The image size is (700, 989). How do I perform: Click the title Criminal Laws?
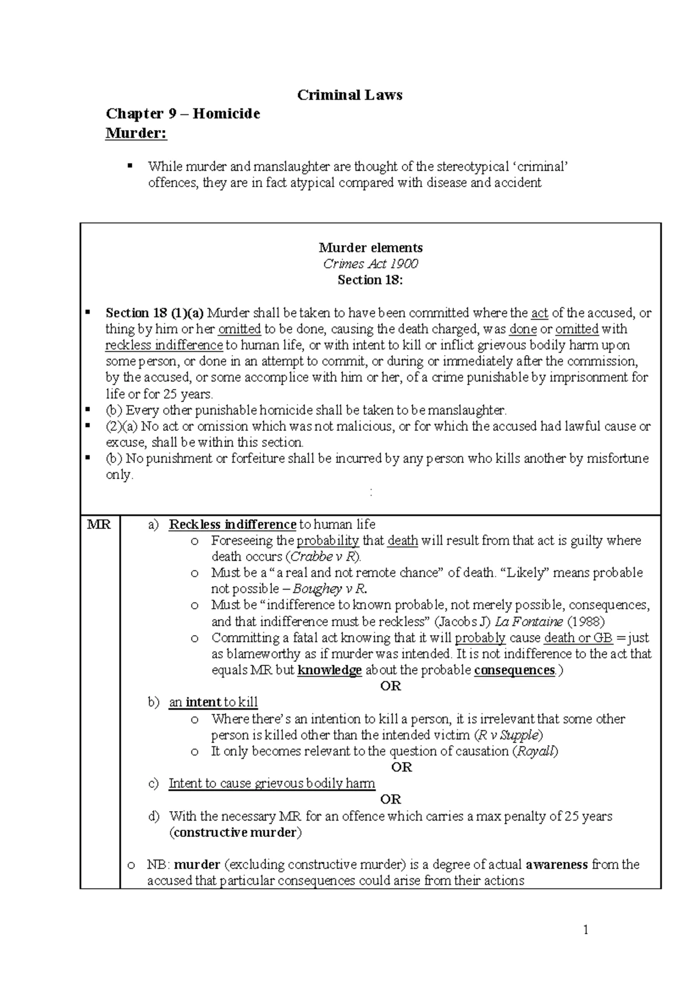click(349, 95)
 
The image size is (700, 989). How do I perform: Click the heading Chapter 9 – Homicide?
click(182, 114)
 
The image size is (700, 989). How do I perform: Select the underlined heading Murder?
click(136, 134)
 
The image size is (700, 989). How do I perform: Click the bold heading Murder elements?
click(370, 247)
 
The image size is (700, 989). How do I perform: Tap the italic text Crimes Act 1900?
click(370, 264)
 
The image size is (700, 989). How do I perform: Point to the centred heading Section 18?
click(370, 280)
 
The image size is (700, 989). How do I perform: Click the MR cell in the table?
click(99, 524)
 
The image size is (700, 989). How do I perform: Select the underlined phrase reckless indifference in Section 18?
click(164, 345)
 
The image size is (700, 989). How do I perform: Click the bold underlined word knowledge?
click(330, 670)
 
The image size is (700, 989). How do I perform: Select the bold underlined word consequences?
click(514, 670)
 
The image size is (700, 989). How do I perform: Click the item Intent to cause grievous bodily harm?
click(272, 784)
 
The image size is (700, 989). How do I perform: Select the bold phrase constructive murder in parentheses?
click(235, 833)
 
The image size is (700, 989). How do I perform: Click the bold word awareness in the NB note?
click(556, 865)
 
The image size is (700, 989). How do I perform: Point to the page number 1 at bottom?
click(586, 931)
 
